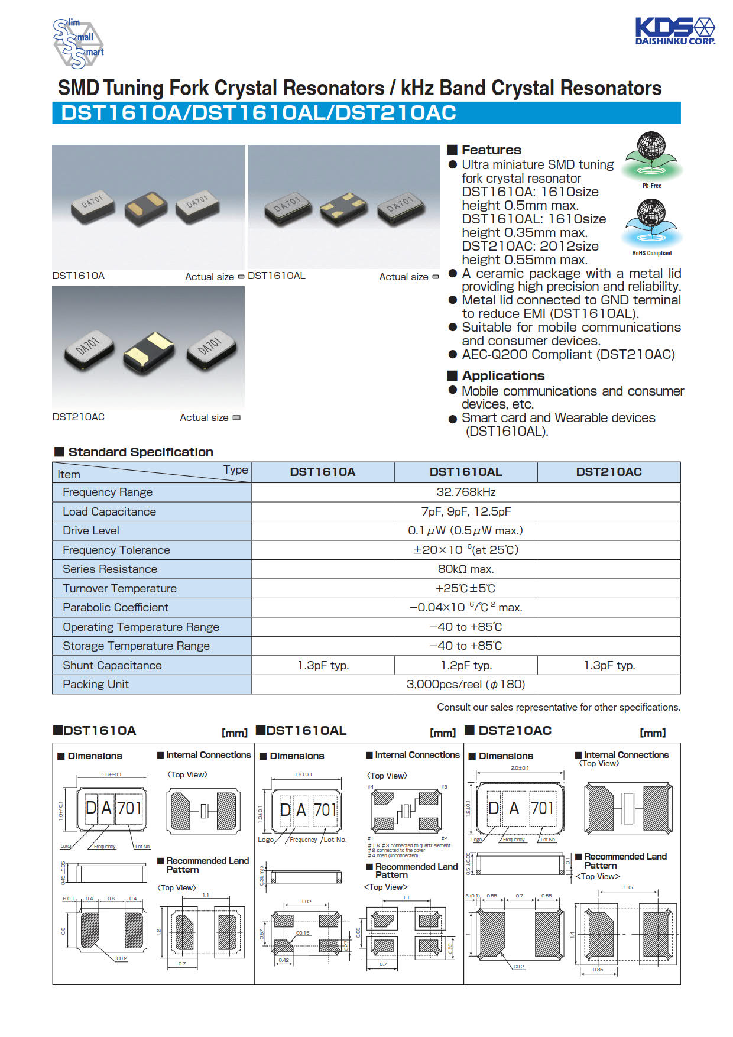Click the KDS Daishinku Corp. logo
(674, 31)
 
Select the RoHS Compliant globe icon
(651, 223)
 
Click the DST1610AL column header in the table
(465, 472)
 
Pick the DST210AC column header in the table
(608, 472)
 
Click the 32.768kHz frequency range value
(465, 492)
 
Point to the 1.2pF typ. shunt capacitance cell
(466, 665)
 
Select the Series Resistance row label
(110, 569)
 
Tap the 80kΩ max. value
(465, 569)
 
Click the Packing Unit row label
(96, 684)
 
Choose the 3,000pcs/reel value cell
(465, 684)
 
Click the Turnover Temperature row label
(119, 588)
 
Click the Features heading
(491, 150)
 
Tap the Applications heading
(503, 375)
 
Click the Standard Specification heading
(141, 452)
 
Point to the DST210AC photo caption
(79, 417)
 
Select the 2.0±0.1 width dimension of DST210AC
(520, 768)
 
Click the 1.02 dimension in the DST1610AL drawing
(306, 902)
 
